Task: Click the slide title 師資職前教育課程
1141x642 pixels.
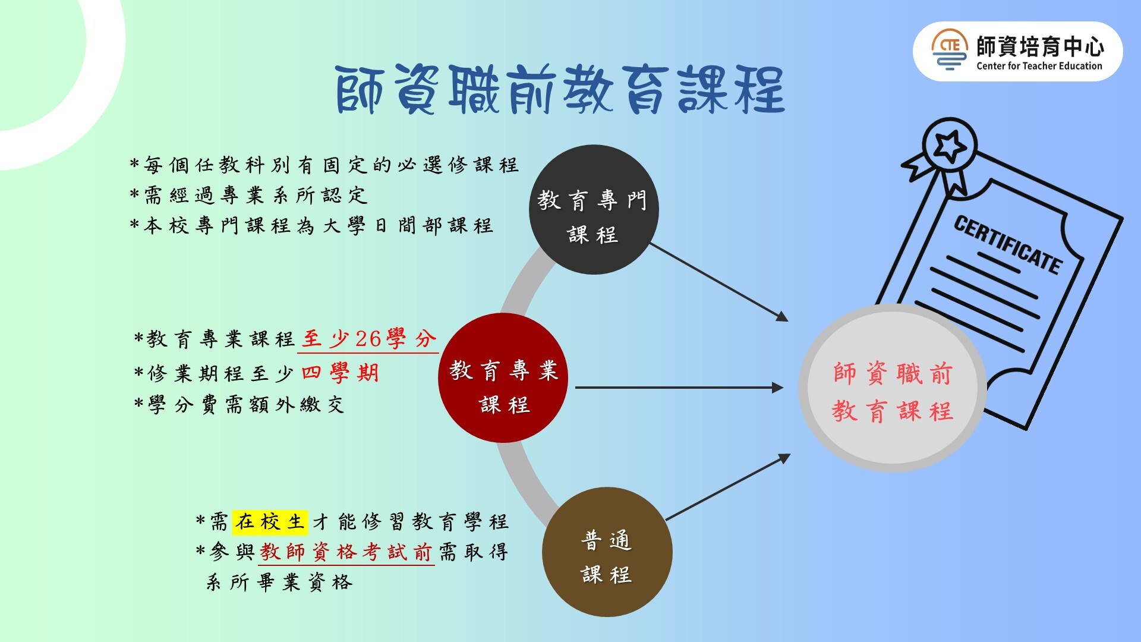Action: pyautogui.click(x=560, y=90)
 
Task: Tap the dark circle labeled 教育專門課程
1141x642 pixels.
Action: pyautogui.click(x=594, y=209)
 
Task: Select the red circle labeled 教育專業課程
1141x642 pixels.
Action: pyautogui.click(x=503, y=378)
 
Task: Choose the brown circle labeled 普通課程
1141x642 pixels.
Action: pyautogui.click(x=607, y=552)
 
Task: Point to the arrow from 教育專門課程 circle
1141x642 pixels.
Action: pyautogui.click(x=719, y=282)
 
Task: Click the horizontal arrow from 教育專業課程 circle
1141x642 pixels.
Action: pyautogui.click(x=679, y=388)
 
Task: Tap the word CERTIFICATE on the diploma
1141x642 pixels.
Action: pyautogui.click(x=1008, y=244)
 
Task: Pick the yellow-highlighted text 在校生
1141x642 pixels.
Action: pyautogui.click(x=270, y=522)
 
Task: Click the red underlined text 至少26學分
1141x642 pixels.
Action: pyautogui.click(x=369, y=339)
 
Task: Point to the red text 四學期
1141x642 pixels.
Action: pyautogui.click(x=340, y=373)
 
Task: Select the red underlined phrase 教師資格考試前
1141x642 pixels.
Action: pyautogui.click(x=346, y=552)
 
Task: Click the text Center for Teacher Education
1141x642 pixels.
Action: pyautogui.click(x=1039, y=66)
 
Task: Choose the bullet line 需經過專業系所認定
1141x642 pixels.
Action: pyautogui.click(x=249, y=195)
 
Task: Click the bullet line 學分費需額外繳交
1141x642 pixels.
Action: pyautogui.click(x=239, y=405)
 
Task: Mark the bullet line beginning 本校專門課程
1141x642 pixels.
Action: pyautogui.click(x=311, y=225)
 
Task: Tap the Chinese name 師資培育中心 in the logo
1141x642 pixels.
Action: pyautogui.click(x=1040, y=46)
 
